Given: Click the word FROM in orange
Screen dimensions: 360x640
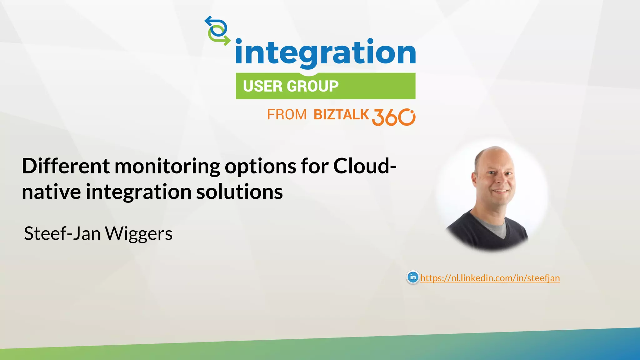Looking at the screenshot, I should [x=287, y=115].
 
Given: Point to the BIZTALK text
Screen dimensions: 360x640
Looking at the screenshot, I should [x=341, y=115].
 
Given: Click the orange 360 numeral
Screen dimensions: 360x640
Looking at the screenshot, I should [x=393, y=117].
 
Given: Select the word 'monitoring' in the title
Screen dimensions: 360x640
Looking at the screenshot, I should [x=167, y=167].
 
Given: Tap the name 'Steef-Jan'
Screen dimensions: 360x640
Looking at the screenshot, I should [x=62, y=233].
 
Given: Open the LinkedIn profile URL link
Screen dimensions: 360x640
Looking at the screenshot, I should [x=490, y=278].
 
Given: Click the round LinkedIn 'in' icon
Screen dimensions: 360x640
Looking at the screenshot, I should [x=413, y=277].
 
